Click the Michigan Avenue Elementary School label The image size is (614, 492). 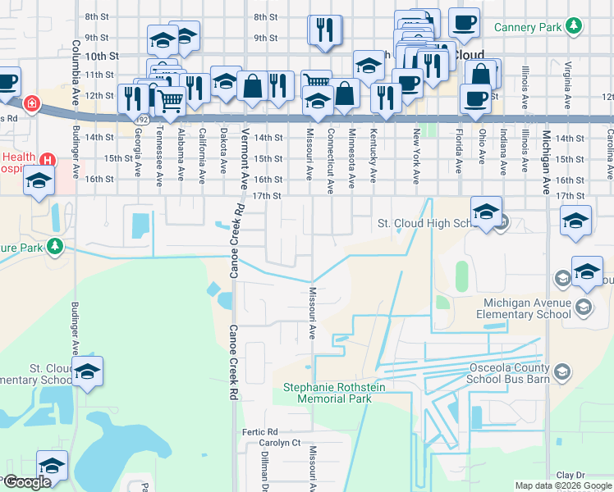pyautogui.click(x=522, y=308)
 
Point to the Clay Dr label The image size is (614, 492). pyautogui.click(x=570, y=475)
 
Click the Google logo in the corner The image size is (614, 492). pyautogui.click(x=27, y=482)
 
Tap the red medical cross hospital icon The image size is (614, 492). pyautogui.click(x=32, y=104)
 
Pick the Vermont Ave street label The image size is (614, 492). pyautogui.click(x=244, y=148)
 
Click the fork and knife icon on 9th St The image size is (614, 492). pyautogui.click(x=324, y=30)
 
